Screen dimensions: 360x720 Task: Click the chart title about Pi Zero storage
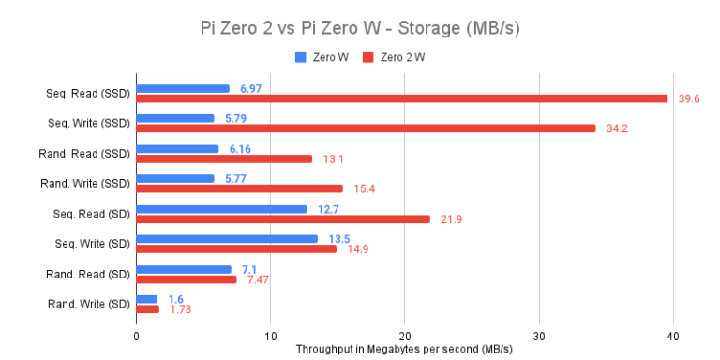[x=360, y=28]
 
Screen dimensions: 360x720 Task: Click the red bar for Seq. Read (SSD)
[x=402, y=98]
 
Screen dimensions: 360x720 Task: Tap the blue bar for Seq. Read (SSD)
[x=183, y=88]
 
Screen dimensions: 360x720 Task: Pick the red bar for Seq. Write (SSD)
[x=366, y=128]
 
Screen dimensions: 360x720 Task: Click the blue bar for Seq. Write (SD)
[x=227, y=238]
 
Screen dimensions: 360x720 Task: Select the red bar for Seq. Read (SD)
[x=283, y=218]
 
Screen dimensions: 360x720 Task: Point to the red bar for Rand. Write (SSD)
[x=239, y=188]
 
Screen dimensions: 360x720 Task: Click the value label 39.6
[x=690, y=98]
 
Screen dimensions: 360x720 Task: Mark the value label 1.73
[x=181, y=308]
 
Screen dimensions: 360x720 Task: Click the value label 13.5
[x=339, y=238]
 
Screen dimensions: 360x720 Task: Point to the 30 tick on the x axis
[x=538, y=335]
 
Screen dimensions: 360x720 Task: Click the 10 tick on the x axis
[x=270, y=335]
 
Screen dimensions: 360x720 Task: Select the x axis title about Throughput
[x=404, y=349]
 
